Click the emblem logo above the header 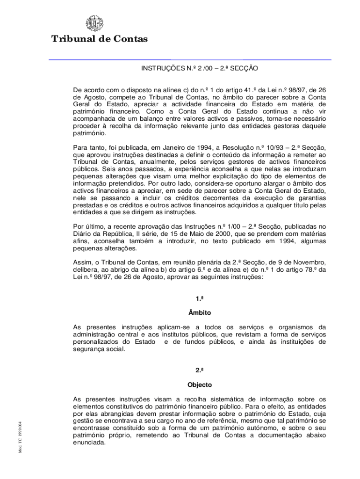click(94, 23)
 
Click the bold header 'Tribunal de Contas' click(100, 39)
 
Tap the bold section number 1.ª click(199, 298)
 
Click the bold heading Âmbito click(199, 312)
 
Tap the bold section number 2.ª click(199, 370)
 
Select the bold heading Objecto click(199, 385)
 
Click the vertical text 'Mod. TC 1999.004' click(21, 435)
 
